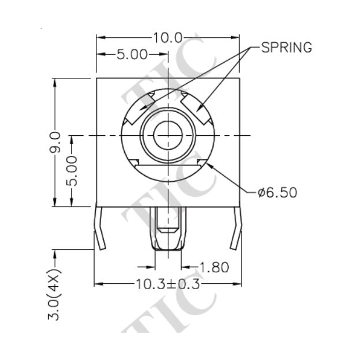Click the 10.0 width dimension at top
click(168, 38)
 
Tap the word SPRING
click(286, 48)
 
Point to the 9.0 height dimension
click(56, 142)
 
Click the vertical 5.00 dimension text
click(73, 170)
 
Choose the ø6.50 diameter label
click(278, 192)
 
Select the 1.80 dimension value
click(214, 267)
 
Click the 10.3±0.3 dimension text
click(167, 285)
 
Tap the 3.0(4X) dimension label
click(56, 293)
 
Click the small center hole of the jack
click(168, 135)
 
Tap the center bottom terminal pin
click(168, 229)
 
